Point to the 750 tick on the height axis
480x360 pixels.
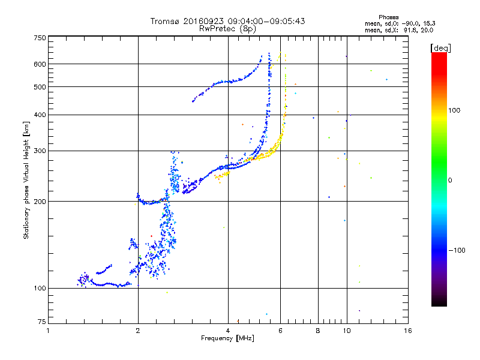point(40,38)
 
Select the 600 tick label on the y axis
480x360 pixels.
point(40,64)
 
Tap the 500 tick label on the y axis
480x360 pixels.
point(40,87)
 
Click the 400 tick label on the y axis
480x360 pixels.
point(40,115)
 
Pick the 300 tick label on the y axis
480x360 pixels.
point(40,151)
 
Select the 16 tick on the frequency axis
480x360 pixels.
point(407,331)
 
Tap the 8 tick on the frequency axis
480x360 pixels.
point(318,331)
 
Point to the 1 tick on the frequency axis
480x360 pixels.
point(48,331)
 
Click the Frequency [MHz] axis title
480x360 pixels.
point(227,339)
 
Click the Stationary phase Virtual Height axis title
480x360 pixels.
point(26,181)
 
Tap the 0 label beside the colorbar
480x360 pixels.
point(451,180)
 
